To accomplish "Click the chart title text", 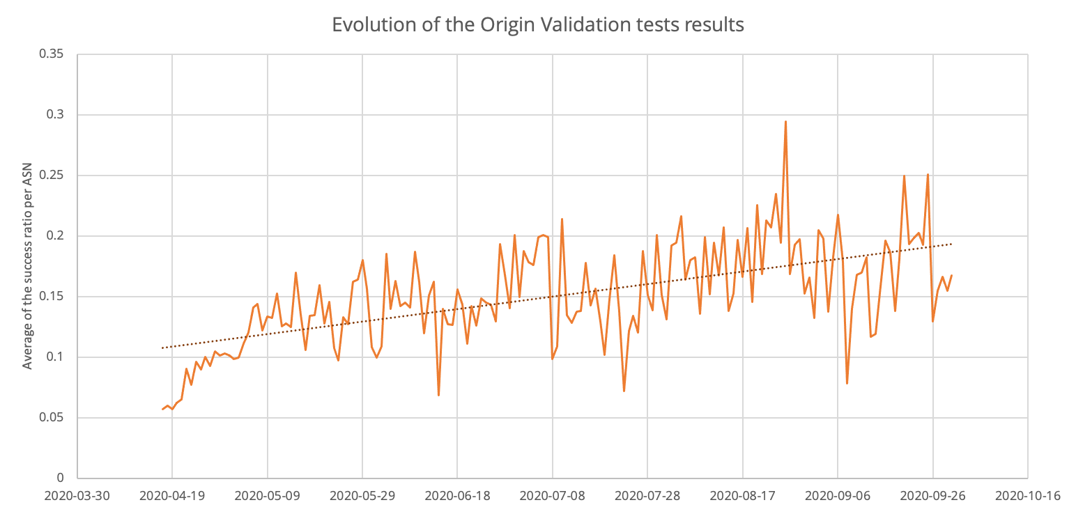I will [x=538, y=25].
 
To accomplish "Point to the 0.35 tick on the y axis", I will [x=52, y=54].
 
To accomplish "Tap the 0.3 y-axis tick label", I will [x=56, y=115].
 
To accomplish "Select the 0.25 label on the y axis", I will [x=52, y=176].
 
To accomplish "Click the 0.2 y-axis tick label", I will [x=56, y=236].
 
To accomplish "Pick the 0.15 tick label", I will [x=52, y=297].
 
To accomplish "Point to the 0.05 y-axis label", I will [x=52, y=418].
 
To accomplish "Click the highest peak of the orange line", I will [x=785, y=121].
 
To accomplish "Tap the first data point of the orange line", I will [x=162, y=409].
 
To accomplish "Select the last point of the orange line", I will [x=951, y=275].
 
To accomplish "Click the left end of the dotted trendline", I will [x=162, y=348].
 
